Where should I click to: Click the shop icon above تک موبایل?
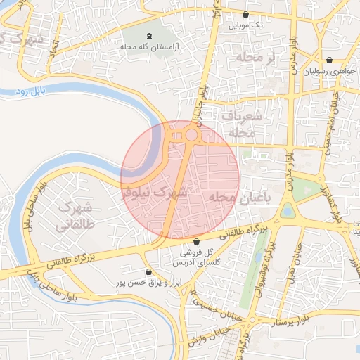click(245, 14)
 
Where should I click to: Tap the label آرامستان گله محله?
click(150, 46)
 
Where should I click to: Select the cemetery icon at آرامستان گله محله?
click(149, 35)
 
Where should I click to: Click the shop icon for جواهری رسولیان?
click(330, 60)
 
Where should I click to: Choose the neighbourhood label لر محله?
click(255, 56)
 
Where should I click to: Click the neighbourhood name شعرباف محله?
click(243, 123)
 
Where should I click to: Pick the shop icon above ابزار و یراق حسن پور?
click(148, 272)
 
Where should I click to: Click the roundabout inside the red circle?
click(191, 134)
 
